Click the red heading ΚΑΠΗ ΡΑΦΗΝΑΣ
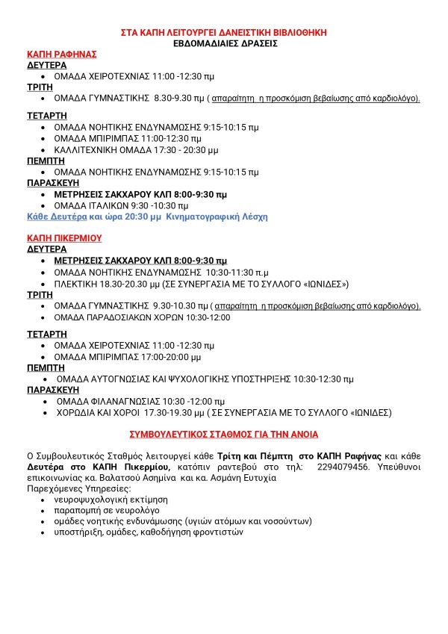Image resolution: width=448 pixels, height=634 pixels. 62,55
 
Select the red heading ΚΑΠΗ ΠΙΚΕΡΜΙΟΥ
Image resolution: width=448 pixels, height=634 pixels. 64,238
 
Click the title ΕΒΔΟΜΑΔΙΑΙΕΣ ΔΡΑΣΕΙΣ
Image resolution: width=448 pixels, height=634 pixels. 224,43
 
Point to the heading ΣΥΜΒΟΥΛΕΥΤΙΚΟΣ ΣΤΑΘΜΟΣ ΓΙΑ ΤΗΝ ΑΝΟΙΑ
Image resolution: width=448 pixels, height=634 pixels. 224,434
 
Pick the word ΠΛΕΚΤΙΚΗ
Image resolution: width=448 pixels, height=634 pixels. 77,284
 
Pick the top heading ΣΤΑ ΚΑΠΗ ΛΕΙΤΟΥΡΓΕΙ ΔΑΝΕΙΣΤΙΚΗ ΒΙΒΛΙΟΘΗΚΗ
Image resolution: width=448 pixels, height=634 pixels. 224,33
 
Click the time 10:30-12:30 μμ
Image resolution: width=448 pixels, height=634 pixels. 323,379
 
